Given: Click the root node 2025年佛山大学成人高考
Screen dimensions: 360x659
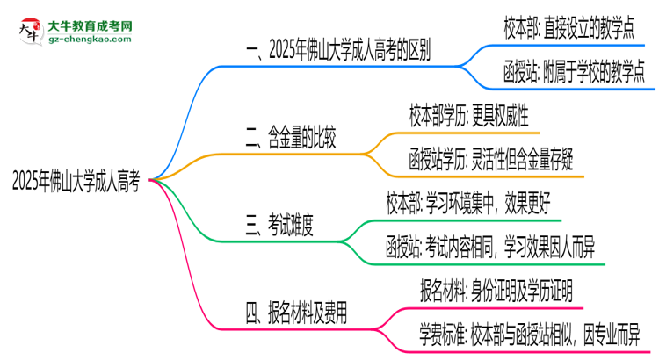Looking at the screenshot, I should tap(76, 182).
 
